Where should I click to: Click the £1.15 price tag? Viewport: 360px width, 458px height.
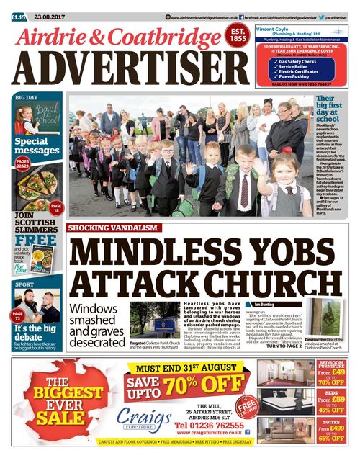click(19, 16)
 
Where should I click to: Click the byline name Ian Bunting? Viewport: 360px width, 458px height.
click(264, 305)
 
